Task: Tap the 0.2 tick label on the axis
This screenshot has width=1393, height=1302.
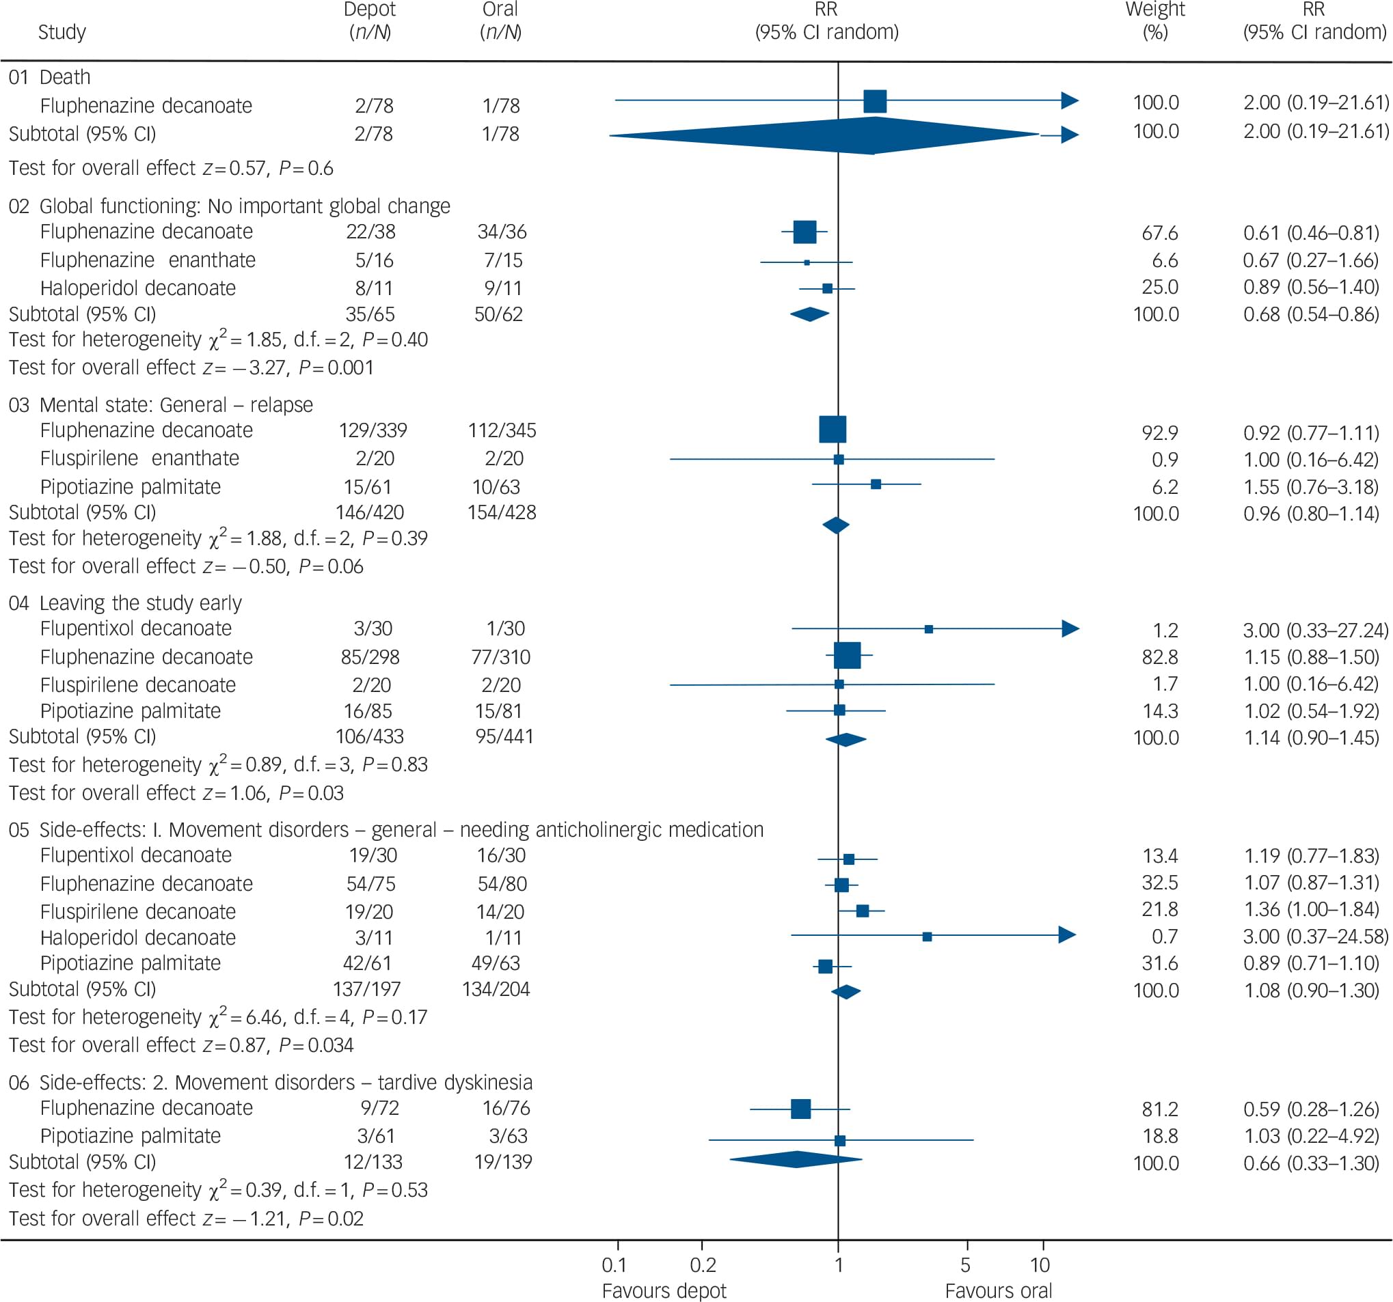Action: pyautogui.click(x=703, y=1265)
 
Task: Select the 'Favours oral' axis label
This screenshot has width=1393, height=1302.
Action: pyautogui.click(x=998, y=1291)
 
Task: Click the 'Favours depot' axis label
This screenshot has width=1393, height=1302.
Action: pyautogui.click(x=664, y=1291)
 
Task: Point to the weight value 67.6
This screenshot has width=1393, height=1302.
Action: pyautogui.click(x=1160, y=232)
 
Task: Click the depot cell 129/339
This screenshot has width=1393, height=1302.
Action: pyautogui.click(x=373, y=430)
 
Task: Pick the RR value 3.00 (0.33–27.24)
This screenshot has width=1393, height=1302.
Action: pyautogui.click(x=1315, y=631)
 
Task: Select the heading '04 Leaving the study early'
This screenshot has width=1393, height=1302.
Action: pyautogui.click(x=124, y=603)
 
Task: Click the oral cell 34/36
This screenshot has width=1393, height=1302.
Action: pyautogui.click(x=502, y=232)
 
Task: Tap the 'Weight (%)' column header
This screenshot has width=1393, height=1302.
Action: pyautogui.click(x=1154, y=21)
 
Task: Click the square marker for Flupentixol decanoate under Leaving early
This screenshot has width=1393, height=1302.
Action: pyautogui.click(x=928, y=629)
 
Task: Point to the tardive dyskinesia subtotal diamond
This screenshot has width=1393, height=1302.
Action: pyautogui.click(x=796, y=1159)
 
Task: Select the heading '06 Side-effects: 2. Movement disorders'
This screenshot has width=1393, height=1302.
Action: pyautogui.click(x=270, y=1082)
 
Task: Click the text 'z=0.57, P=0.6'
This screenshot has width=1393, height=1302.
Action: pyautogui.click(x=268, y=168)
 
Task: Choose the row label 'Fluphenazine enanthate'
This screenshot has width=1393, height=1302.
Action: pyautogui.click(x=147, y=260)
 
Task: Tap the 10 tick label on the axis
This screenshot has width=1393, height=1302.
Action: pyautogui.click(x=1040, y=1265)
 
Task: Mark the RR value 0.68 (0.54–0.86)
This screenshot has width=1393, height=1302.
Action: pyautogui.click(x=1311, y=314)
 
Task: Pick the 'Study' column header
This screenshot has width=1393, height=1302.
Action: pyautogui.click(x=62, y=32)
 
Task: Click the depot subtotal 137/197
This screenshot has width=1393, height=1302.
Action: pyautogui.click(x=366, y=989)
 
